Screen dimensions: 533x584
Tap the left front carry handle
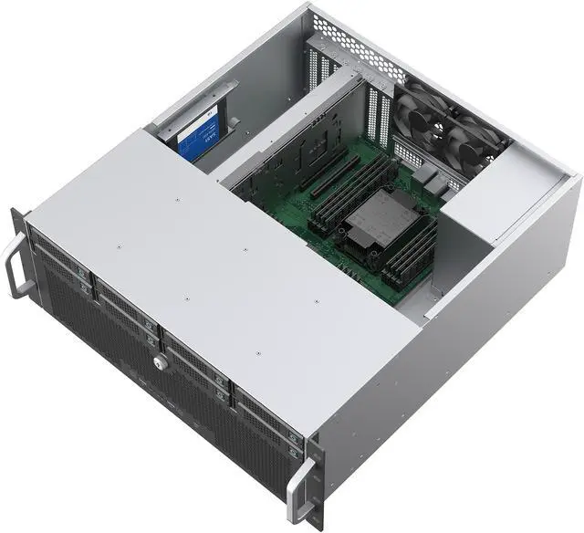pyautogui.click(x=14, y=264)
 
